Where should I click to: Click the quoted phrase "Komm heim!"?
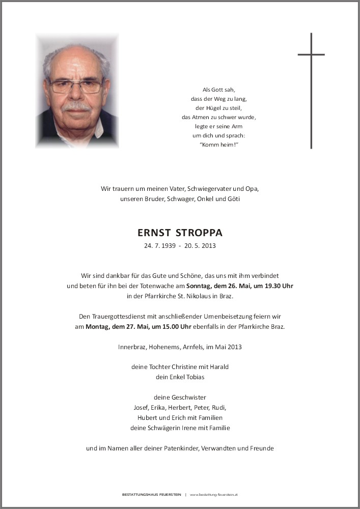coord(219,145)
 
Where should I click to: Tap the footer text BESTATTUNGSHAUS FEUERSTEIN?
coord(152,495)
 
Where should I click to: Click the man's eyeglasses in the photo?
coord(76,86)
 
